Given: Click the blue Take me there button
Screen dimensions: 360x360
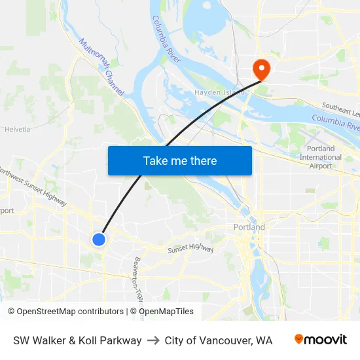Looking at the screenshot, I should (x=180, y=160).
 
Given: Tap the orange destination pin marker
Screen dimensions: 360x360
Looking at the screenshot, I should (x=261, y=69).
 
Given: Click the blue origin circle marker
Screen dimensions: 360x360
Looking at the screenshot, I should (x=99, y=240).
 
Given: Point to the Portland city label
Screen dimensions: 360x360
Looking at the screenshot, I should (x=249, y=227).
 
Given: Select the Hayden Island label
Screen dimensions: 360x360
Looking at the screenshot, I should (x=219, y=92).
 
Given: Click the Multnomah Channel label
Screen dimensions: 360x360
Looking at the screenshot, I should (x=101, y=66).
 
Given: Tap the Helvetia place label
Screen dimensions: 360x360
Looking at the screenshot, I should (x=18, y=129).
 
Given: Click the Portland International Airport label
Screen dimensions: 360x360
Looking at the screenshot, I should (x=320, y=157).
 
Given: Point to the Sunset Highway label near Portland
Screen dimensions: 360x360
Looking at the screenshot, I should (x=190, y=247).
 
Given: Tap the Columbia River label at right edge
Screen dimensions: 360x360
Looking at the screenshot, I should (x=335, y=121).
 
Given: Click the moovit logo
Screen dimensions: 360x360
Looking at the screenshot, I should (x=321, y=340).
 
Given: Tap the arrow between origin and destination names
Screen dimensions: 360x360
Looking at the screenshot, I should (x=153, y=340).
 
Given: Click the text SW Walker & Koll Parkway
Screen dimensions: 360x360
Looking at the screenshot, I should (x=77, y=340).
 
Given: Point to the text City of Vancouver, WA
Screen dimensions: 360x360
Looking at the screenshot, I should (x=219, y=340).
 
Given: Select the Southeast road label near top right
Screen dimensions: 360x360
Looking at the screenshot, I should (x=340, y=108).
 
